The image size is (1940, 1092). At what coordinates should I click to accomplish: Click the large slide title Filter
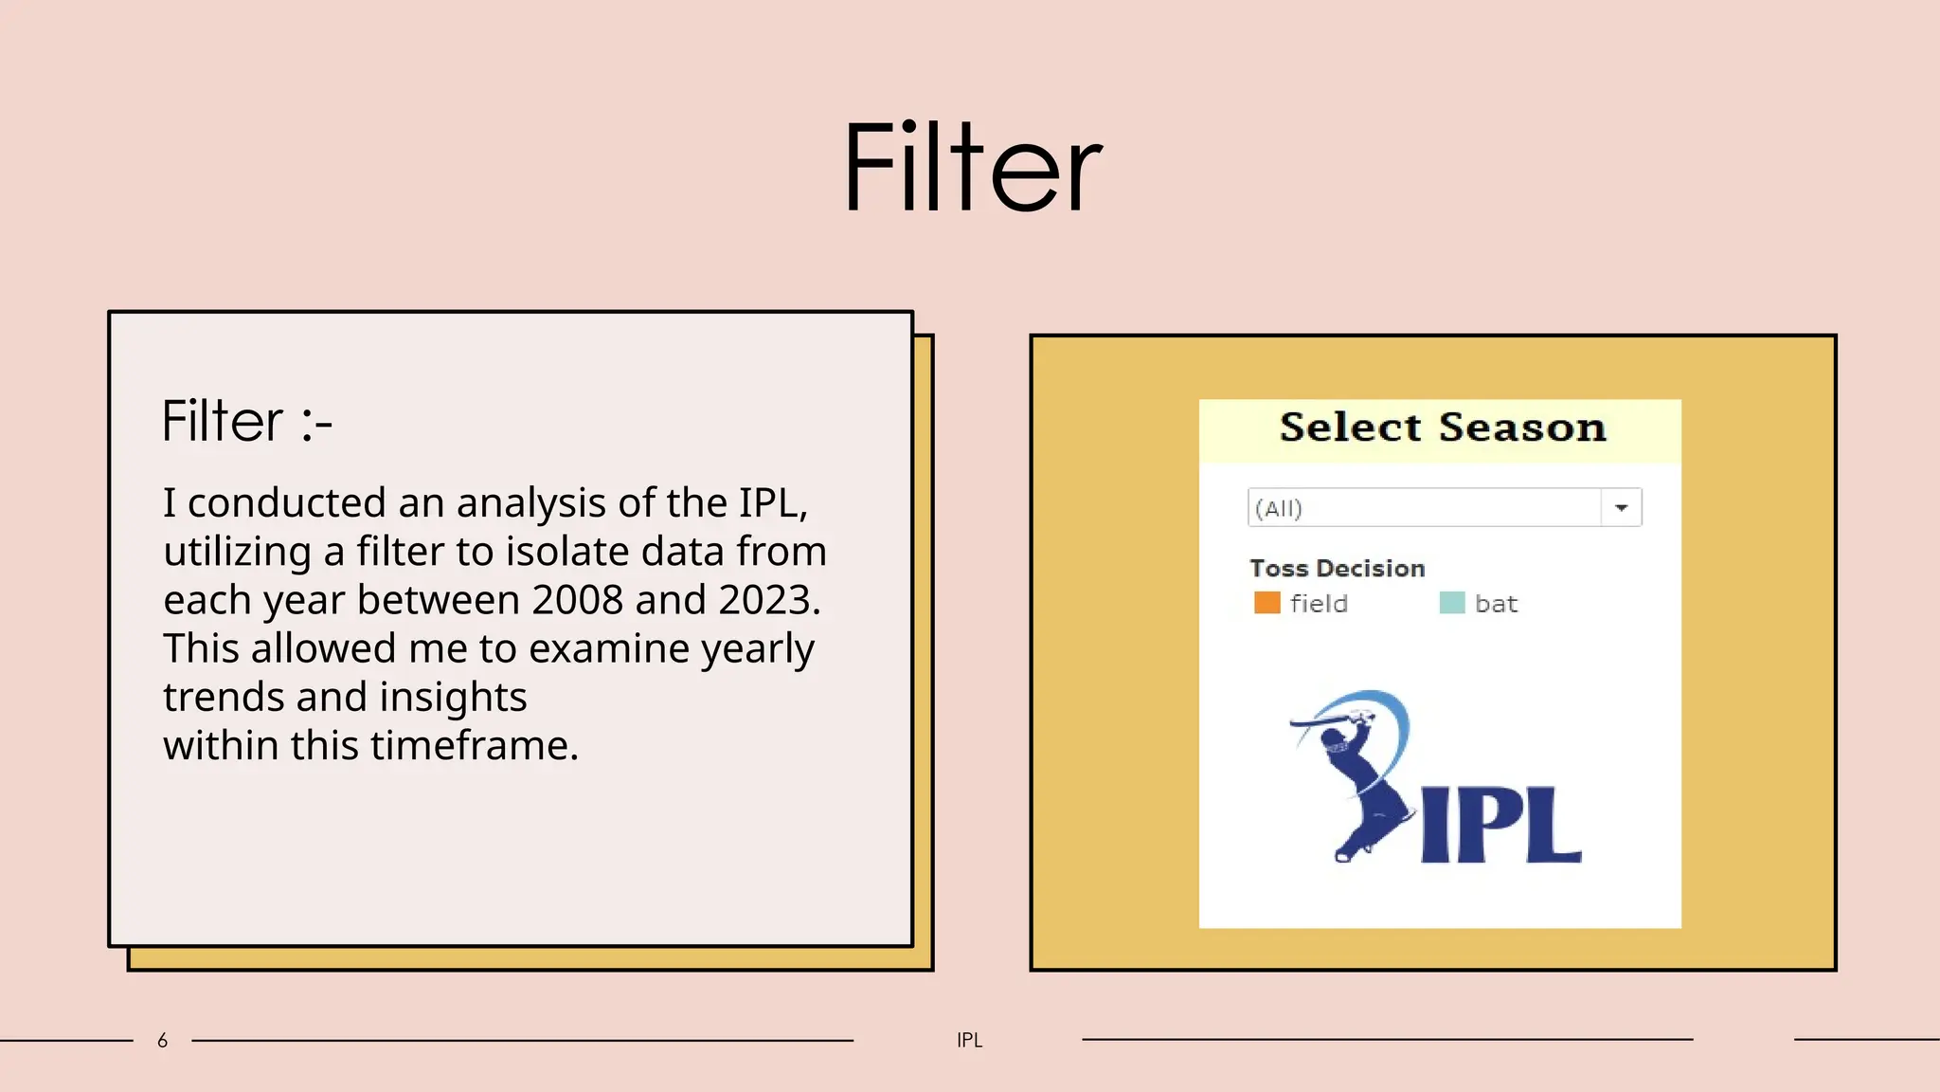click(973, 168)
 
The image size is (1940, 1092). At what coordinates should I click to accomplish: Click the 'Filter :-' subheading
click(246, 422)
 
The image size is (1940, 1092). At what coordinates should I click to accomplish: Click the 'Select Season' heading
click(1442, 428)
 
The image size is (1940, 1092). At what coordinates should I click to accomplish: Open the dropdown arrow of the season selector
click(1621, 508)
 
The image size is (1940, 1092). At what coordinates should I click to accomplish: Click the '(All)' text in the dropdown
click(1279, 509)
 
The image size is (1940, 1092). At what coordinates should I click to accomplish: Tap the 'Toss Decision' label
click(1337, 569)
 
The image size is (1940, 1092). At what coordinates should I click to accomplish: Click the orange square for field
click(1266, 603)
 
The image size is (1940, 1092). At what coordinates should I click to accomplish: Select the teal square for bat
click(1451, 603)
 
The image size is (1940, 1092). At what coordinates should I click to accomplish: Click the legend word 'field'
click(1319, 604)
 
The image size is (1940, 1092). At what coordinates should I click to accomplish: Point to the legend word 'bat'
click(1496, 604)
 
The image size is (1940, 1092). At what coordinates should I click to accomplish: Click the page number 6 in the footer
click(162, 1041)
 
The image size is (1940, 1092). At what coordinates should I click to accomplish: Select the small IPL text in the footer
click(969, 1041)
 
